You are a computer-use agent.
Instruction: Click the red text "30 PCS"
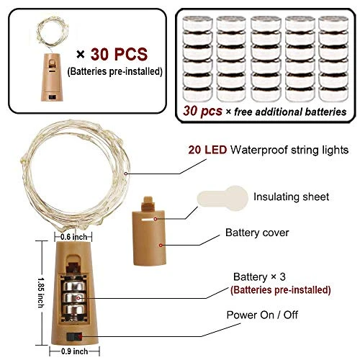coord(119,54)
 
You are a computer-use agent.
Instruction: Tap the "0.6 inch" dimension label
coord(73,237)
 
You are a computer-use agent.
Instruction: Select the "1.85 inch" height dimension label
coord(41,293)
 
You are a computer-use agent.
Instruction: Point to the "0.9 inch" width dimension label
coord(74,351)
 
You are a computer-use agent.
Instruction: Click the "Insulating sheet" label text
coord(291,197)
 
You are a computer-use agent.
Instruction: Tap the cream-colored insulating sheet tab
coord(222,198)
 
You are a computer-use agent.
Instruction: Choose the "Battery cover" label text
coord(257,233)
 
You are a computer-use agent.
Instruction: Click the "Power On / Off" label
coord(262,315)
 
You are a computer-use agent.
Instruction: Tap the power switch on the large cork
coord(74,337)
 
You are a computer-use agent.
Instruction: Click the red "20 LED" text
coord(207,150)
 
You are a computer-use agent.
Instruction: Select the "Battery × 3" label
coord(259,276)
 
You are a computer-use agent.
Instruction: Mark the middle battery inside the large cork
coord(74,298)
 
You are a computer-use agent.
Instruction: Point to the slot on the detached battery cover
coord(148,220)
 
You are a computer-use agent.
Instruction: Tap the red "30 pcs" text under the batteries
coord(202,111)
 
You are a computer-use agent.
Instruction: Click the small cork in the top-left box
coord(52,77)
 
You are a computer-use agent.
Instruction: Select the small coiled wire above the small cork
coord(53,30)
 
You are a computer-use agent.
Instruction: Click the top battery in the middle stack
coord(266,23)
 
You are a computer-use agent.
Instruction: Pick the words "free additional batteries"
coord(290,112)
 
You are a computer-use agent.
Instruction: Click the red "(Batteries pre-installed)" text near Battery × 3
coord(280,289)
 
